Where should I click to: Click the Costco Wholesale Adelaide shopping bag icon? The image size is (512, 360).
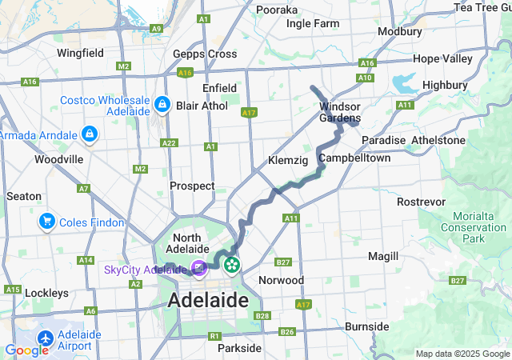click(x=162, y=105)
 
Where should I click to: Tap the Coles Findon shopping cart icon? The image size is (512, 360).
click(x=46, y=222)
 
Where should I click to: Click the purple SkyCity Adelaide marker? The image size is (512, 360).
click(x=198, y=270)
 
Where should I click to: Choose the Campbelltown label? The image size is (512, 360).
click(x=354, y=158)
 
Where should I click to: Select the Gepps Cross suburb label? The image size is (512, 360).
click(x=205, y=54)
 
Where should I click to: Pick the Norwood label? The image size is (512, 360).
click(x=281, y=280)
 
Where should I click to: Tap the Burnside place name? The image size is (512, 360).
click(x=366, y=326)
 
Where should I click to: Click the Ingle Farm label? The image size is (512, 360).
click(x=313, y=23)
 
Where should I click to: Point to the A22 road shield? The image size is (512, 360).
click(x=169, y=142)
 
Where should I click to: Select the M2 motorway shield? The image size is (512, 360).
click(x=140, y=169)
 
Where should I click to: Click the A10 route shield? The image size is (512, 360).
click(x=365, y=78)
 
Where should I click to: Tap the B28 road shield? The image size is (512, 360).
click(x=263, y=316)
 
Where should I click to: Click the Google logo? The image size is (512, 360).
click(x=26, y=350)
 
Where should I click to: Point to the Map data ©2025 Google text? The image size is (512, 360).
click(x=462, y=354)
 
